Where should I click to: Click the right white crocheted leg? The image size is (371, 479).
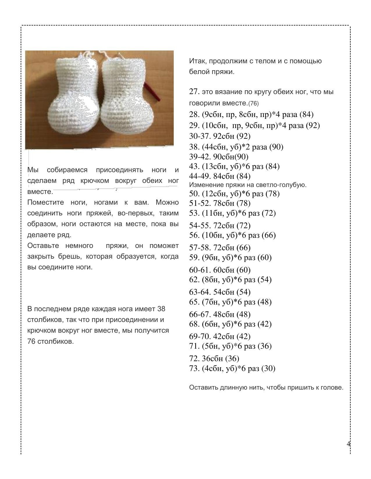point(125,99)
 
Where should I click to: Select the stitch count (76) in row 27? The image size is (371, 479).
point(253,103)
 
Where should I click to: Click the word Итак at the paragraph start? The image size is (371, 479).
point(197,61)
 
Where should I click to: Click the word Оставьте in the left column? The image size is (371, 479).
point(43,246)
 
